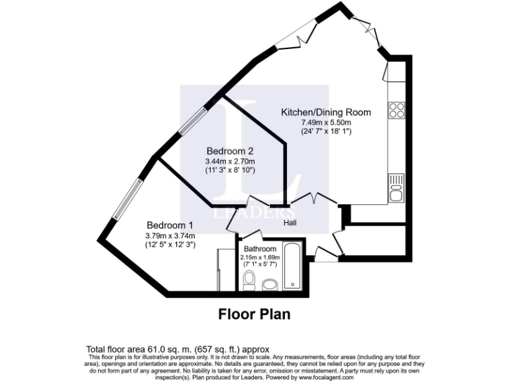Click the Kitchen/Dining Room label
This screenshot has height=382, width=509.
pos(326,112)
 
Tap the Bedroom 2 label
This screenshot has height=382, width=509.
pos(229,151)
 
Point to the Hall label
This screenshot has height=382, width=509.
pos(290,223)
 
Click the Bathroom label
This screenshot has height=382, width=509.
pos(260,249)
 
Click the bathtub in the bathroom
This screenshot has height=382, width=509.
pos(291,266)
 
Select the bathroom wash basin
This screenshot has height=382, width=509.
pos(270,285)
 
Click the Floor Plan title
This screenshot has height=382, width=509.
pos(254,314)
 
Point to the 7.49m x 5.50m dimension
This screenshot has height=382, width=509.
pos(326,122)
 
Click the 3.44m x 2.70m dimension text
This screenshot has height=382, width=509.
pos(230,161)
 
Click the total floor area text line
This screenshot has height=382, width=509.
pos(178,349)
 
